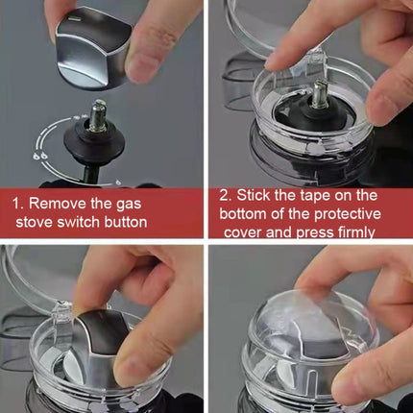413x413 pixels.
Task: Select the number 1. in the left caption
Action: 18,204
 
